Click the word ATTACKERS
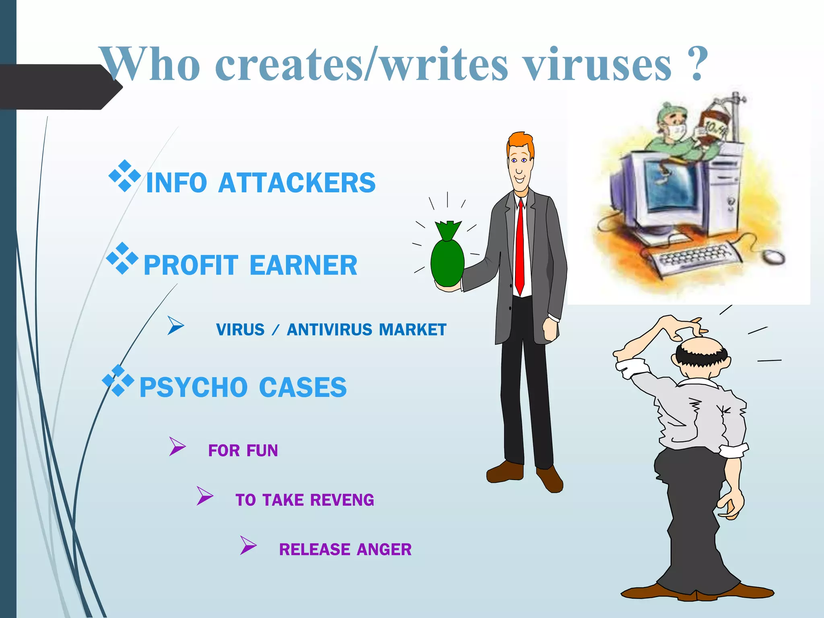click(x=297, y=183)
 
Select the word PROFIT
click(x=191, y=266)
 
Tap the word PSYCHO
click(x=193, y=387)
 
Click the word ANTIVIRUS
click(x=330, y=330)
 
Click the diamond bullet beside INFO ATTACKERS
click(x=125, y=176)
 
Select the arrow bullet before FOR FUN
click(x=177, y=446)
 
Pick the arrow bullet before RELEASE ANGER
click(x=248, y=545)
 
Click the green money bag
click(x=447, y=257)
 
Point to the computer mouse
click(x=774, y=256)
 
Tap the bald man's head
click(x=702, y=348)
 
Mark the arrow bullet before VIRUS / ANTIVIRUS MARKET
click(x=176, y=325)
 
